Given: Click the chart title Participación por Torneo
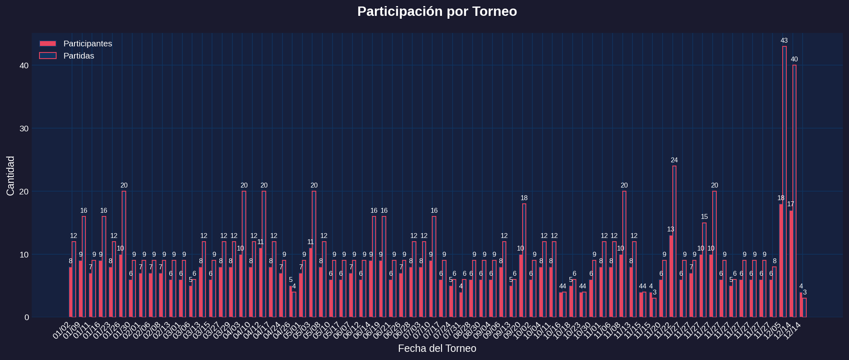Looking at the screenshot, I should (437, 11).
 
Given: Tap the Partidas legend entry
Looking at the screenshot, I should (79, 56).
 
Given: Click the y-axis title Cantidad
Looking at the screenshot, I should (11, 176).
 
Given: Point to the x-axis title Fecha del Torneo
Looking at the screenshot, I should (437, 349).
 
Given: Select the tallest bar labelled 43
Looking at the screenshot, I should (784, 181).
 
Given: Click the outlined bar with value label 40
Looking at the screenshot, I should (794, 191).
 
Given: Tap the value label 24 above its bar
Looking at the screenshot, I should (674, 160).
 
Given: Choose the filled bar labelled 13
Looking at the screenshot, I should (671, 276).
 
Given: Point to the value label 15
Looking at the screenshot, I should (705, 217).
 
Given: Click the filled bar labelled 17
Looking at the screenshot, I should (791, 264).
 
